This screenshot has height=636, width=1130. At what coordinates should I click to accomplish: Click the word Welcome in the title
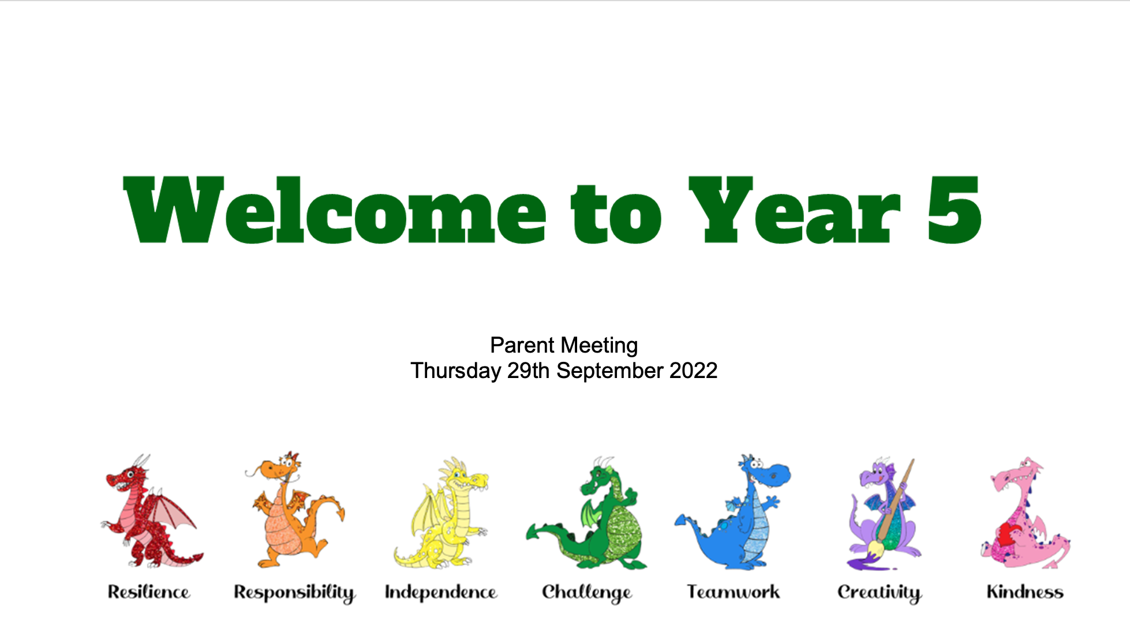coord(335,210)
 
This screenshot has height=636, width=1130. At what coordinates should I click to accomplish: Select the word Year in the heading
coord(794,210)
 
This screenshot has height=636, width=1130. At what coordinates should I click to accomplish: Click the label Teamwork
coord(733,592)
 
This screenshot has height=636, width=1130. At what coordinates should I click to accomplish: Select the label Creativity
coord(880,593)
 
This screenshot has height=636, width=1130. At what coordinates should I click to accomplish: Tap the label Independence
coord(441,593)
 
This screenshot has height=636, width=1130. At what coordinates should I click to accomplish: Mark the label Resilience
coord(149,592)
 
